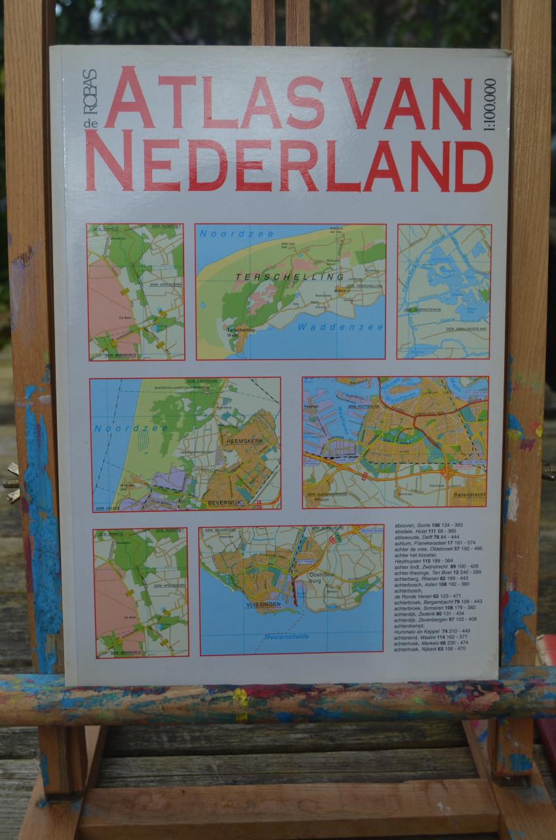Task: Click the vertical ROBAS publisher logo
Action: (x=89, y=92)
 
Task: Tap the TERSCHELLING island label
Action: (x=273, y=278)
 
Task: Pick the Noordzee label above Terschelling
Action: (x=226, y=234)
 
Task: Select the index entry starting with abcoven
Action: (x=429, y=525)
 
